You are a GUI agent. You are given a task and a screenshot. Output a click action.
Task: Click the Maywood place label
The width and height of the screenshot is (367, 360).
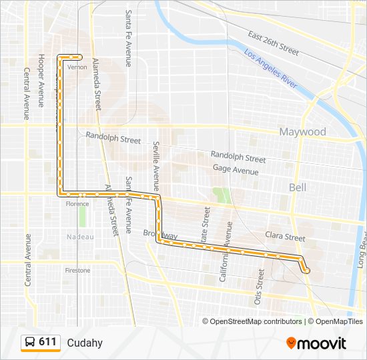302,131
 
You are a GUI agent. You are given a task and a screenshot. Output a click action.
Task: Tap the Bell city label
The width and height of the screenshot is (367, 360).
298,187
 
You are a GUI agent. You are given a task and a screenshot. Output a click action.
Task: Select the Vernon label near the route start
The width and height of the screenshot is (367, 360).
78,67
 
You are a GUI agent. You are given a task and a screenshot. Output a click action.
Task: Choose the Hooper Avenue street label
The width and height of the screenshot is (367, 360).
41,80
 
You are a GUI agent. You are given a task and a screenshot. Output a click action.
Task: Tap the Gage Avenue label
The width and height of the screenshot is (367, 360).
236,171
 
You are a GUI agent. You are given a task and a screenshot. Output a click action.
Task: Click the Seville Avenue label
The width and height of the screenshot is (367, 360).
156,166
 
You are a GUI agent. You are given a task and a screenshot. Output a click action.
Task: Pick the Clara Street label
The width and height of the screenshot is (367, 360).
285,237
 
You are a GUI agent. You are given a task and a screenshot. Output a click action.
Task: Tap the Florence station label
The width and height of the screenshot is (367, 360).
77,204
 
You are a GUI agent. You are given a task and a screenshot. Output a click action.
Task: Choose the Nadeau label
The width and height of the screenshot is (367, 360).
80,237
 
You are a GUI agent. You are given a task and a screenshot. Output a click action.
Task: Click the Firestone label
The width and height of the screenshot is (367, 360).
77,271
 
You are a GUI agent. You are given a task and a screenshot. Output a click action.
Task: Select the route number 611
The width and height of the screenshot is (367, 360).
47,342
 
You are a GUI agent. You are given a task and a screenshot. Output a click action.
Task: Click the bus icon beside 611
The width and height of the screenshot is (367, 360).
31,342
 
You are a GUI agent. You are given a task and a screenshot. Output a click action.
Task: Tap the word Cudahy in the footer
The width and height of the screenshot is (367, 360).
84,343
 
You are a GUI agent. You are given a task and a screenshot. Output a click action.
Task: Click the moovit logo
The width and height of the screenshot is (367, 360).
316,343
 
